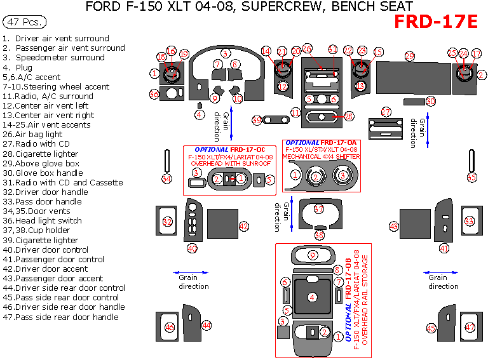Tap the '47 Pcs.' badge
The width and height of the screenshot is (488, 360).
25,22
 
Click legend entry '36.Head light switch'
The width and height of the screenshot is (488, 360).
43,221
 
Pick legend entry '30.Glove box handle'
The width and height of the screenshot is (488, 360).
43,173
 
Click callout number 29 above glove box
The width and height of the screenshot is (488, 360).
410,57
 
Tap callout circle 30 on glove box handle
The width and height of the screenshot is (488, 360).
430,102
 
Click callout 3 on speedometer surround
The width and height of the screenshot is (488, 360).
226,53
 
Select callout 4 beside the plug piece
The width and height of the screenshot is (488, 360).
200,115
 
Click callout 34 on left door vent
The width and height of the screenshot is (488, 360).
166,179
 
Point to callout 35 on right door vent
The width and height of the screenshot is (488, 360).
471,177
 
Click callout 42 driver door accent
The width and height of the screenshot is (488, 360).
244,226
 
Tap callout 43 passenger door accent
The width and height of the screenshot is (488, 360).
394,226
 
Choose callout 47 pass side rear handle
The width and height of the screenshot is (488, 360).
470,328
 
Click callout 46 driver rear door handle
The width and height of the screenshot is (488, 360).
169,328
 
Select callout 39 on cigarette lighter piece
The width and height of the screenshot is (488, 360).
257,120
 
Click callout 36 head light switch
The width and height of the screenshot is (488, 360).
154,95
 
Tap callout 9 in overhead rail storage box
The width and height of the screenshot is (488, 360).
312,255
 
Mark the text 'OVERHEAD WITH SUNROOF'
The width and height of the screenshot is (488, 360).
231,163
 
